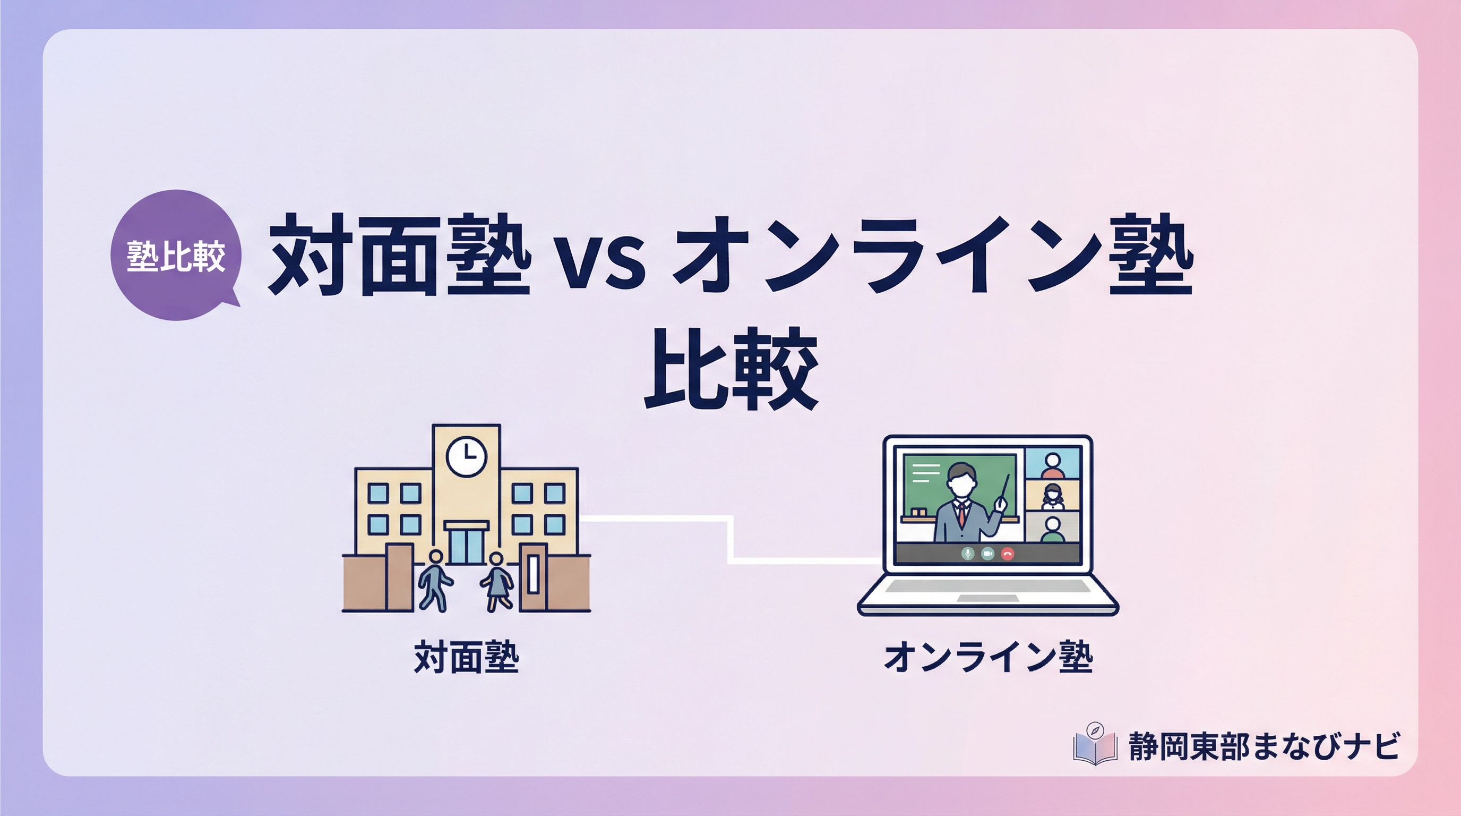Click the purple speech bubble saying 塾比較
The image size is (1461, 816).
pyautogui.click(x=175, y=256)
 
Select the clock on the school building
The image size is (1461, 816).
pyautogui.click(x=466, y=456)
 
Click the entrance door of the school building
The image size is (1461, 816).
pyautogui.click(x=466, y=543)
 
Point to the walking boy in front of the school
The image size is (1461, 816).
pyautogui.click(x=434, y=580)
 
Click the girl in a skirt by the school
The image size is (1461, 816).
pyautogui.click(x=497, y=581)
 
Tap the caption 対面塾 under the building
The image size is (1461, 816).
pyautogui.click(x=466, y=658)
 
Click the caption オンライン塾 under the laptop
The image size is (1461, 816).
pyautogui.click(x=988, y=658)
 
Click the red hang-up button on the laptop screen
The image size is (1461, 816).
pyautogui.click(x=1007, y=553)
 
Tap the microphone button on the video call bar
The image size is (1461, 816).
pyautogui.click(x=968, y=553)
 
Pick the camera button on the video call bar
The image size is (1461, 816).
pyautogui.click(x=987, y=553)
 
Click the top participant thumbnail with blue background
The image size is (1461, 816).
pyautogui.click(x=1052, y=464)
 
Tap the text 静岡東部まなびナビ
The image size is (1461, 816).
pyautogui.click(x=1264, y=746)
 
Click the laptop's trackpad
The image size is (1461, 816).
pyautogui.click(x=987, y=598)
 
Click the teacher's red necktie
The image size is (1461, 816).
pyautogui.click(x=961, y=514)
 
